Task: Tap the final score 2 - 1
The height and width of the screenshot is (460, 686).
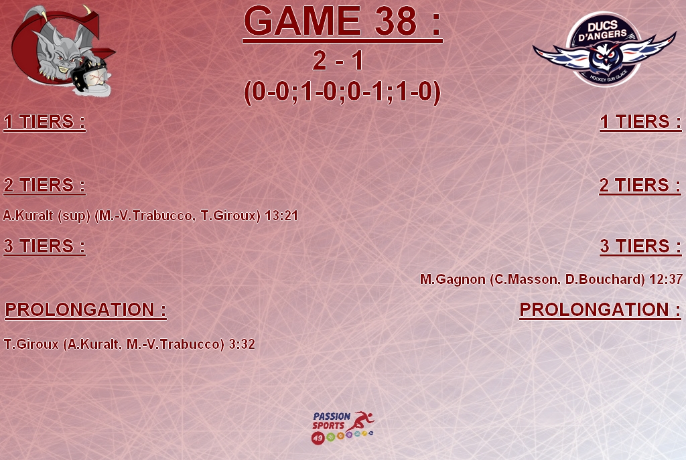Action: click(x=338, y=60)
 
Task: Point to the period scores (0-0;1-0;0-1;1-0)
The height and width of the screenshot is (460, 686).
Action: click(x=342, y=92)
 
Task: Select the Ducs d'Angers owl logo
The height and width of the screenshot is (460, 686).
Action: click(x=604, y=49)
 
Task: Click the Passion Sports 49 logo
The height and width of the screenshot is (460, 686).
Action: click(x=343, y=428)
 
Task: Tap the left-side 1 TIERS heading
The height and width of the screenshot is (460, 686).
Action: click(x=44, y=122)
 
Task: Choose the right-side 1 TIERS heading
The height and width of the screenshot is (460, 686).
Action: click(x=640, y=122)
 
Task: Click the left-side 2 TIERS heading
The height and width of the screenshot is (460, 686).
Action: click(x=44, y=185)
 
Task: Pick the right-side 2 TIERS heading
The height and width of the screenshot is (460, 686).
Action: click(x=640, y=185)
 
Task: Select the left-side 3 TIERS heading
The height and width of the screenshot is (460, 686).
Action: click(x=44, y=246)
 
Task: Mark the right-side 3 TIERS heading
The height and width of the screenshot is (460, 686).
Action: click(x=640, y=246)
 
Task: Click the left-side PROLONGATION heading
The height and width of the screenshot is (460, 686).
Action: click(x=86, y=309)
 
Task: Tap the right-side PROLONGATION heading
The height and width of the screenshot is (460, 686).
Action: click(x=600, y=309)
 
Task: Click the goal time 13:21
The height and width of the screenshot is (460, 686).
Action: click(x=281, y=216)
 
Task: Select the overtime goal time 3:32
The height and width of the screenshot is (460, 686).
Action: click(x=242, y=344)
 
